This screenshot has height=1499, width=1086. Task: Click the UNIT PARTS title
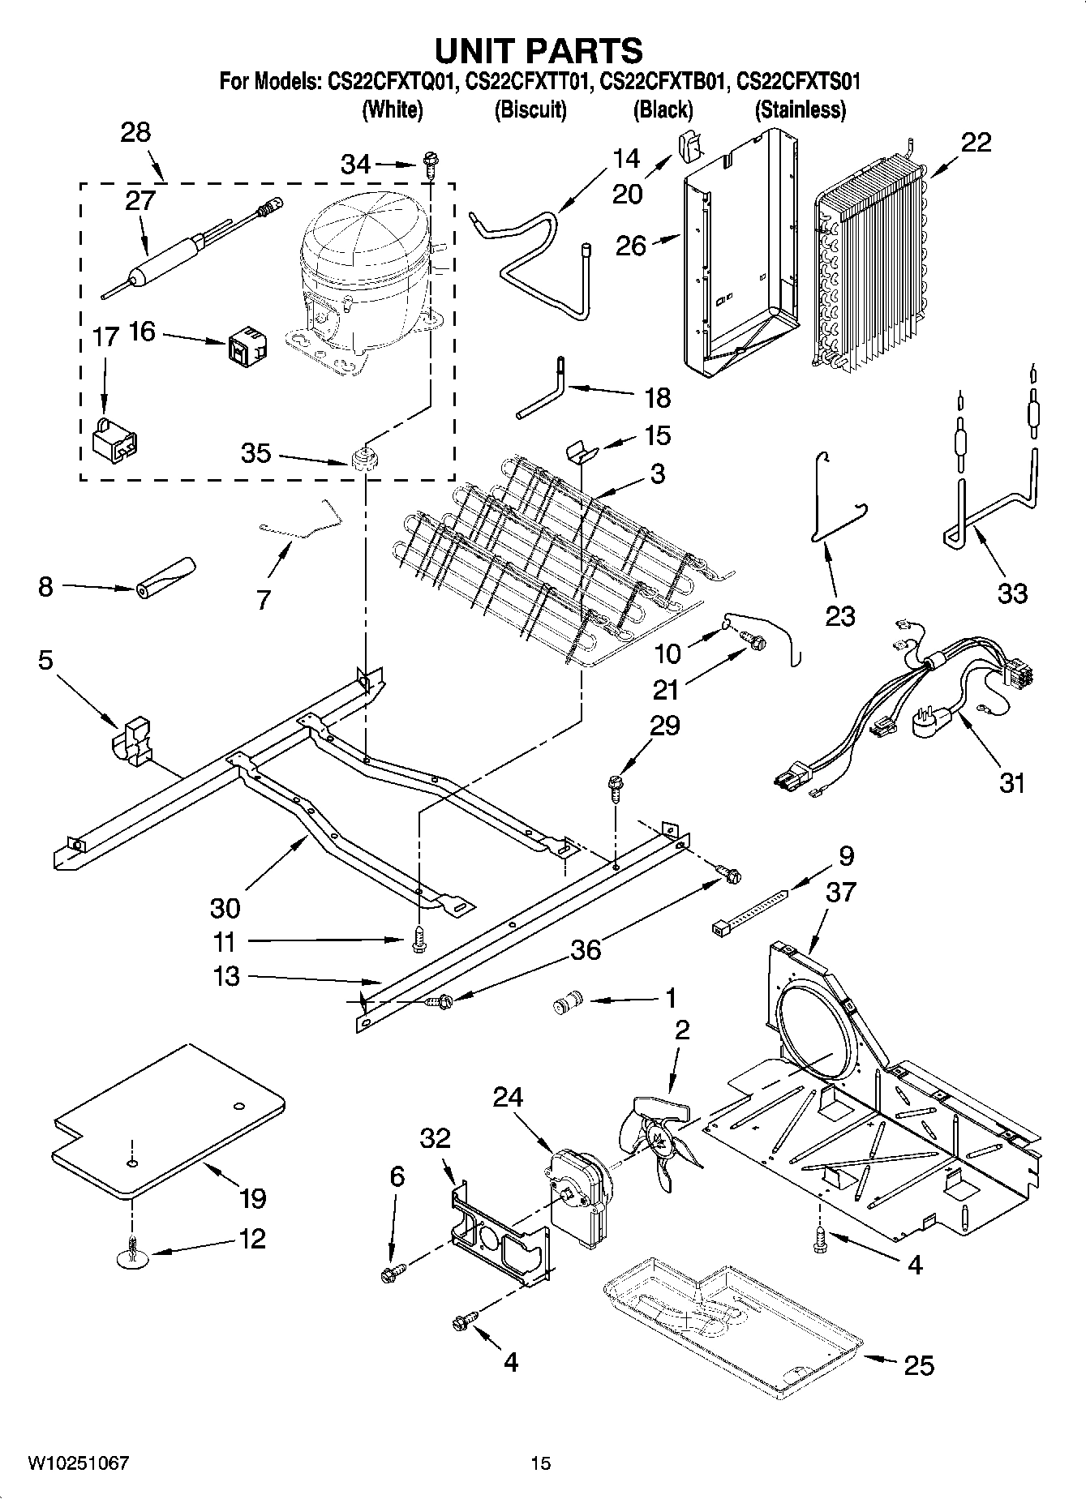539,50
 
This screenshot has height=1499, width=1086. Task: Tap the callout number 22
977,143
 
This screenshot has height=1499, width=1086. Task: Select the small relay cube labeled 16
246,345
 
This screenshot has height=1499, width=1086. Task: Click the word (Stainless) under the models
800,109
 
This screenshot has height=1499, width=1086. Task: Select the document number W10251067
79,1463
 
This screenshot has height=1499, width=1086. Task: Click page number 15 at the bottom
540,1463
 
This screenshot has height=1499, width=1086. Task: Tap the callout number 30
225,908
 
